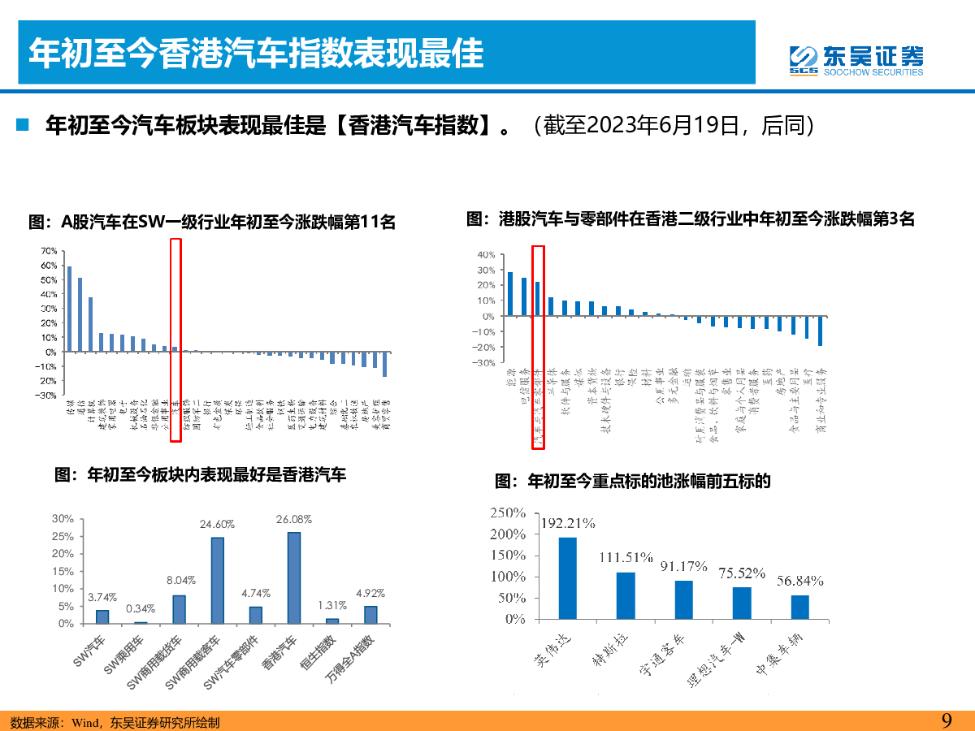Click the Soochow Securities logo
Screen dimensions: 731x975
[856, 59]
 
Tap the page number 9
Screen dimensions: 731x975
[946, 720]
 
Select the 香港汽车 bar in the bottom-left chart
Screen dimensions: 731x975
[293, 577]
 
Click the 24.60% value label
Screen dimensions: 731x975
[217, 525]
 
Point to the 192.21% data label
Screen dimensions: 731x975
[568, 521]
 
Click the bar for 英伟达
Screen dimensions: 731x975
[568, 577]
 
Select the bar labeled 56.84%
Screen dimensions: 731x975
[800, 606]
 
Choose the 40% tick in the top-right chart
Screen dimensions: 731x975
[486, 255]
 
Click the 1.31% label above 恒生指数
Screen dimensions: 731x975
[332, 605]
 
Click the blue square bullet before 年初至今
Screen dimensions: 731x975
[24, 125]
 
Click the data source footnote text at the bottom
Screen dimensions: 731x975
[114, 722]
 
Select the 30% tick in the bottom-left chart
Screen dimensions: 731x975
[63, 519]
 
